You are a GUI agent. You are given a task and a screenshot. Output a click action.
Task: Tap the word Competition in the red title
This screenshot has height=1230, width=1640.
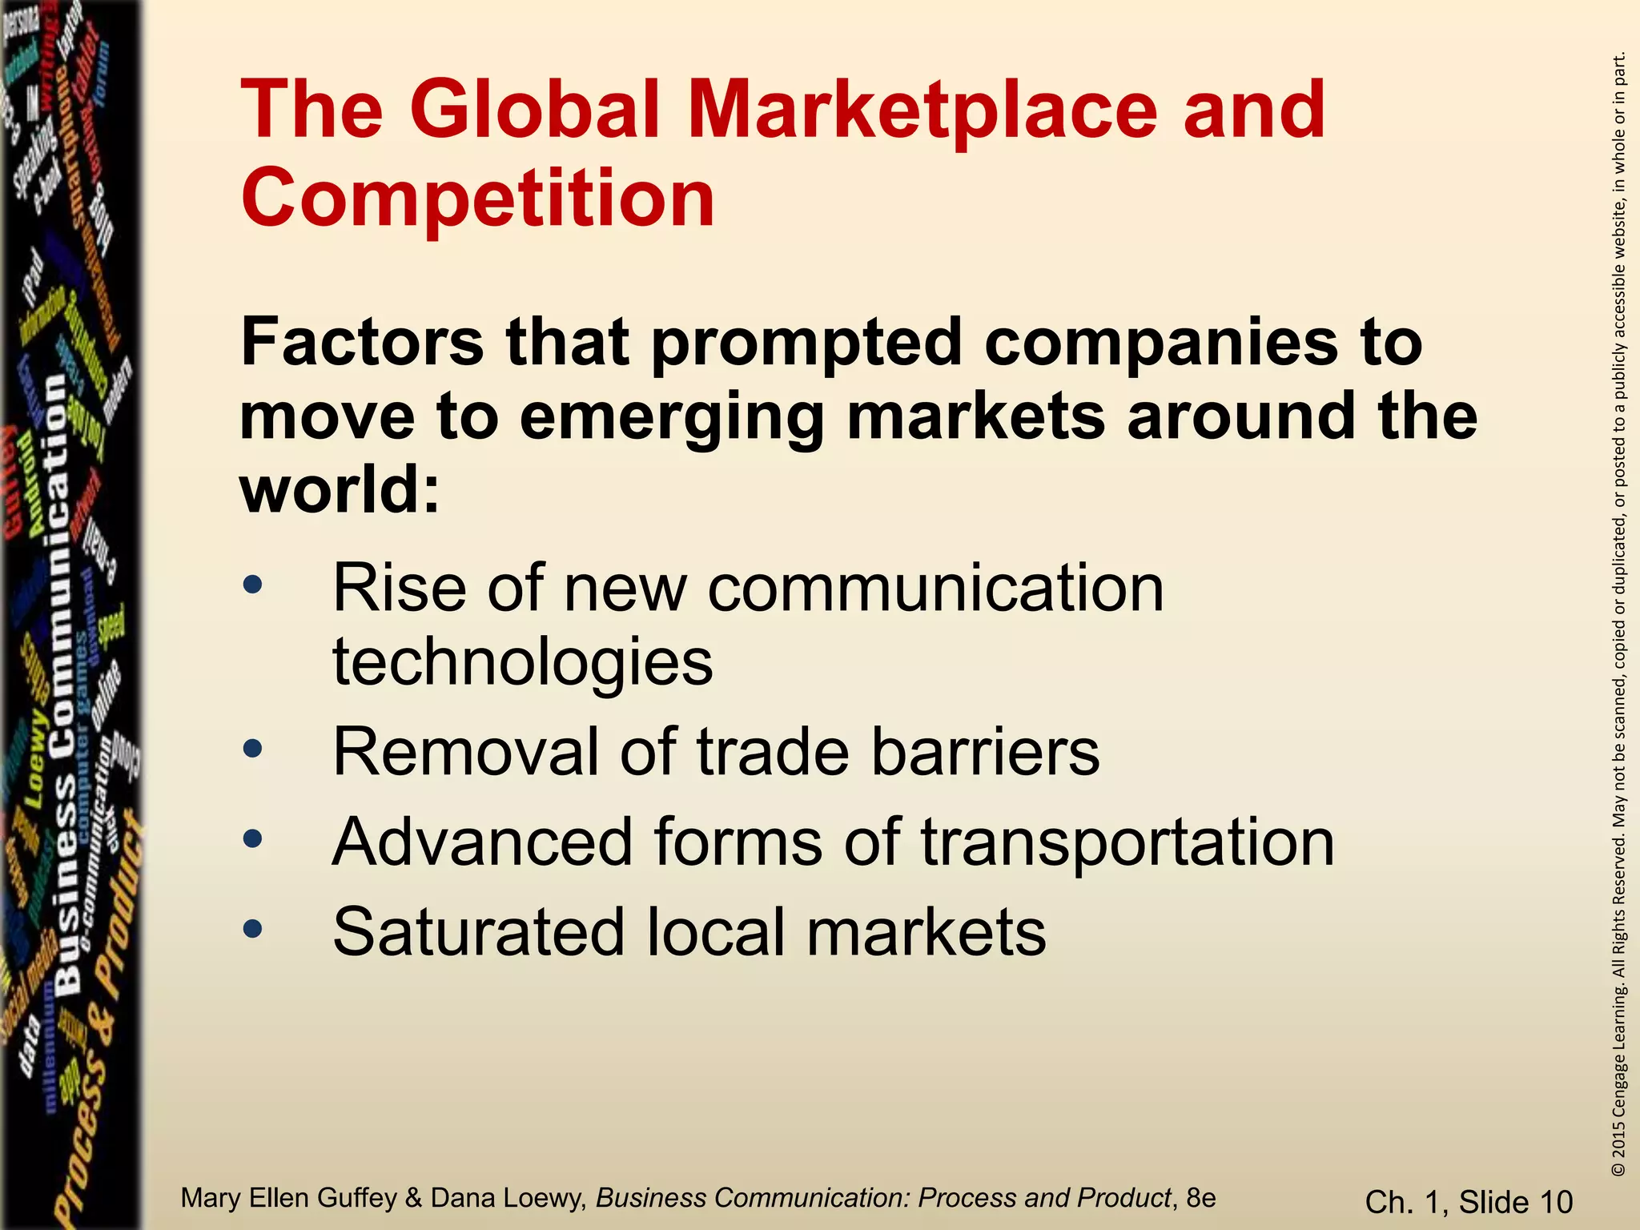(x=477, y=198)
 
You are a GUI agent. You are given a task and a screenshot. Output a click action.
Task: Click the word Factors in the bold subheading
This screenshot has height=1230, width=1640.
(x=362, y=342)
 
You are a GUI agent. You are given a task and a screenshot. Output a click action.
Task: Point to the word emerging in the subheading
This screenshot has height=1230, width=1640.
(x=671, y=416)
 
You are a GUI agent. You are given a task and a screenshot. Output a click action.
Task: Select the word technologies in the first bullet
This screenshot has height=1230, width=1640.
(x=522, y=661)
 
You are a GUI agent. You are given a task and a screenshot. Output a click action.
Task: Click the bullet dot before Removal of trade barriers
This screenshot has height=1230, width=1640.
(x=253, y=749)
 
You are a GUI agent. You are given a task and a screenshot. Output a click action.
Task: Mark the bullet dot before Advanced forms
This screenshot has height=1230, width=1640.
(x=253, y=838)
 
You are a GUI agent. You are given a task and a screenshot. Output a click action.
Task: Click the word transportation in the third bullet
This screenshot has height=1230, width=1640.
(x=1127, y=843)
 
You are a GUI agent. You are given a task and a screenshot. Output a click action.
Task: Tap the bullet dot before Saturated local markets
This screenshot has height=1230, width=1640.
(x=253, y=929)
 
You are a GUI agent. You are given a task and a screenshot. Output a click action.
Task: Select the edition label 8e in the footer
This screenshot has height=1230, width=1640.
(x=1201, y=1198)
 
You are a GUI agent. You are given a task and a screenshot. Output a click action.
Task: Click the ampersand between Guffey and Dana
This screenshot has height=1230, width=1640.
(x=414, y=1198)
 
